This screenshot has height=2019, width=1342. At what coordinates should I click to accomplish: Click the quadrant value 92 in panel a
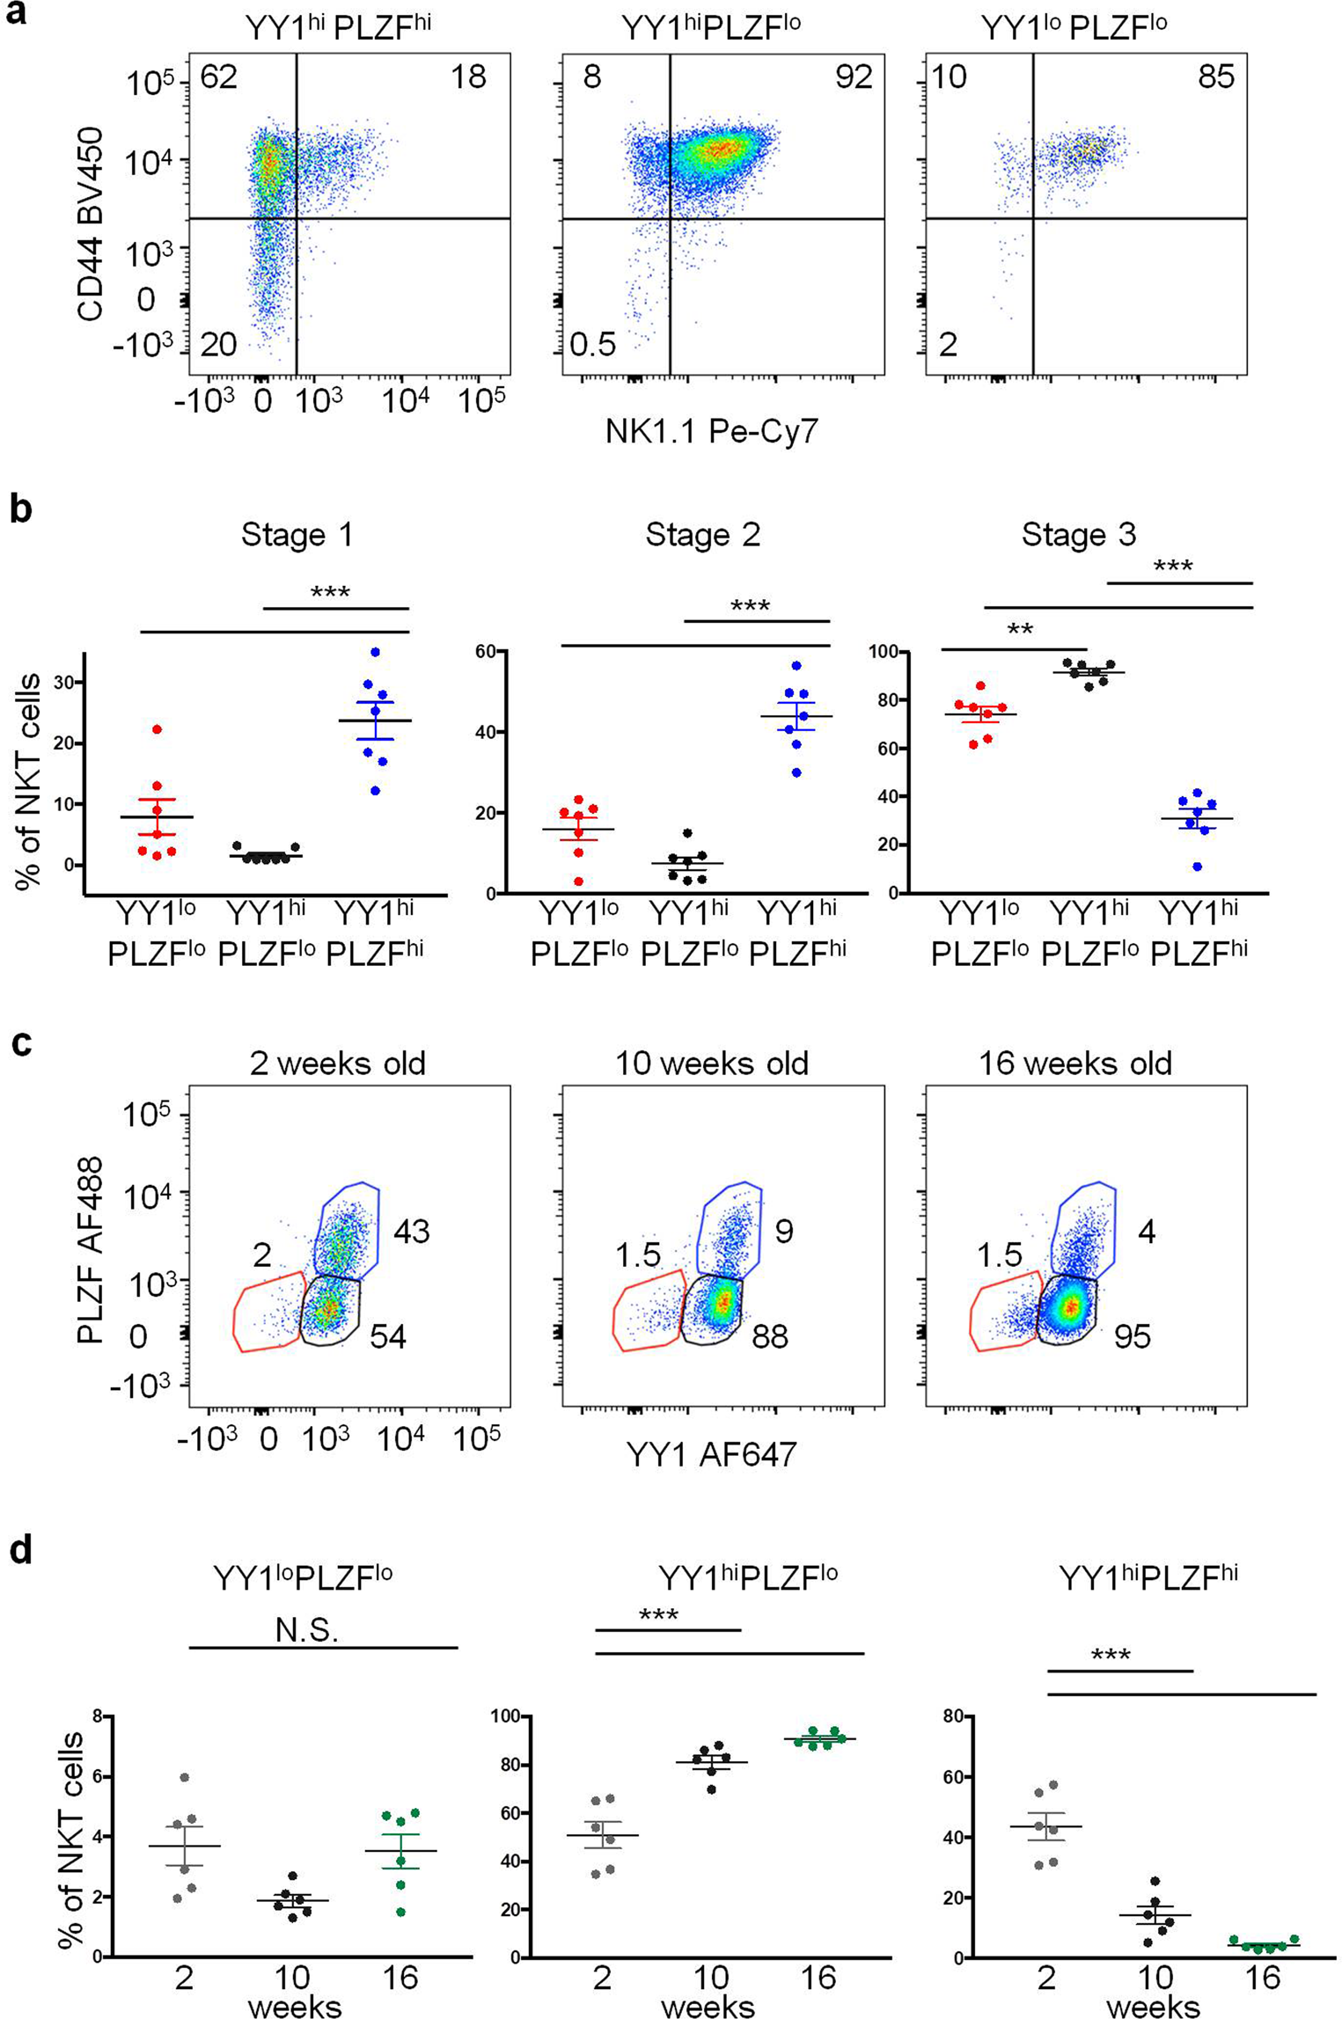click(853, 77)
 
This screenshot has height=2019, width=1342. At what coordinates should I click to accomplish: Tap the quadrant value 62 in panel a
click(218, 77)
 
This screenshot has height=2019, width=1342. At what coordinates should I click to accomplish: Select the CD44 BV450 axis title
click(91, 224)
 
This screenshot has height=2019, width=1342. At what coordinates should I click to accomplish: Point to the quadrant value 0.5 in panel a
click(592, 345)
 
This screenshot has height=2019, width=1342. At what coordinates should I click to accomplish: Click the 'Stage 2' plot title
click(702, 535)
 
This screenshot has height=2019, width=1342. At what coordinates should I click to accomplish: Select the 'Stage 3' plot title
click(1078, 535)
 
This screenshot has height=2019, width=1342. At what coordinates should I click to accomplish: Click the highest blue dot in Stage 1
click(376, 652)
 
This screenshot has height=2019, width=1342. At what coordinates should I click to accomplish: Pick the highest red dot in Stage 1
click(158, 729)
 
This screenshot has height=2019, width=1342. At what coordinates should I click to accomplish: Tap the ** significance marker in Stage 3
click(1020, 630)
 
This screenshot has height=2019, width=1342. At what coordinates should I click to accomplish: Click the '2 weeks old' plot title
click(337, 1064)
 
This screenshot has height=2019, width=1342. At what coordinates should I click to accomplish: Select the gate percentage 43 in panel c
click(411, 1231)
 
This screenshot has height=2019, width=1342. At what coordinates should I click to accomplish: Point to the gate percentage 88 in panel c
click(769, 1337)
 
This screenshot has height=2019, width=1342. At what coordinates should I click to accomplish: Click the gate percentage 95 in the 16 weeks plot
click(1132, 1337)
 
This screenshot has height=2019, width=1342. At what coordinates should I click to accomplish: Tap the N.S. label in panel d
click(307, 1630)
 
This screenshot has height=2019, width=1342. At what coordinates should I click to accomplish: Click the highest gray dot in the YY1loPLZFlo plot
click(185, 1778)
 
